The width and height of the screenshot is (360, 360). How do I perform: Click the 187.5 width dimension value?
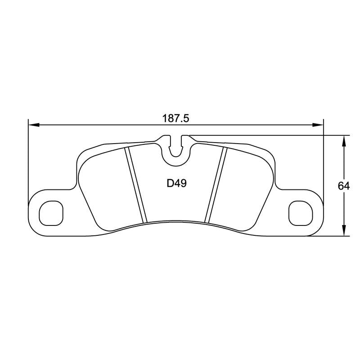tap(176, 119)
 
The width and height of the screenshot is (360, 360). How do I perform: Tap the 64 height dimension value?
tap(344, 185)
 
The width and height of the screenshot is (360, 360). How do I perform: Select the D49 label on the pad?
tap(176, 184)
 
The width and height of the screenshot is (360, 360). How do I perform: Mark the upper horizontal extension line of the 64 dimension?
tap(270, 135)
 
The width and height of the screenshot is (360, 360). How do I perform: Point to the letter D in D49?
tap(170, 184)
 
